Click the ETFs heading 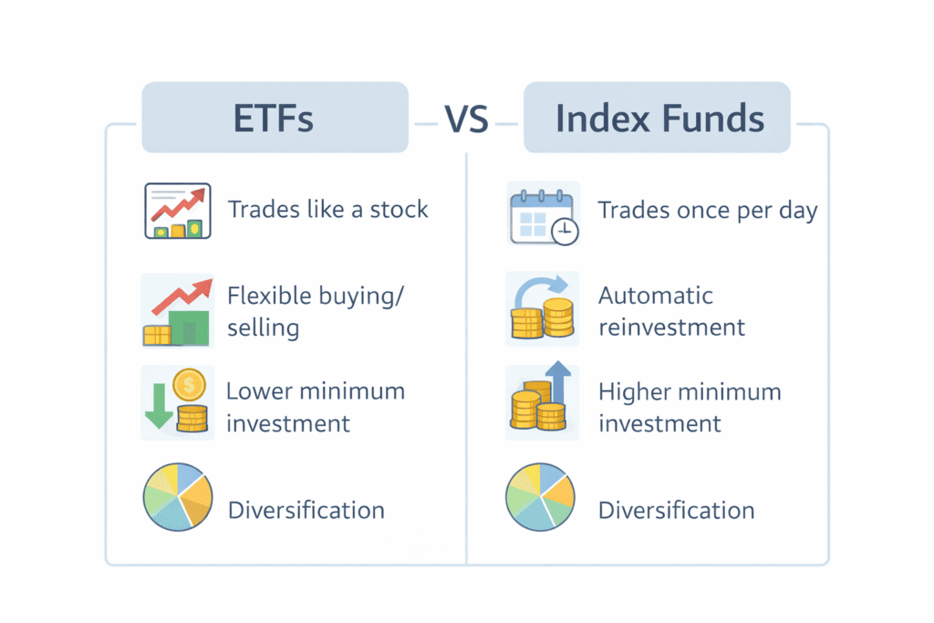point(273,118)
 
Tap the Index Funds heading point(659,118)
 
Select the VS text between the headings point(466,119)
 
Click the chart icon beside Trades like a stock point(178,211)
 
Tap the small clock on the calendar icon point(565,231)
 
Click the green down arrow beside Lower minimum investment point(159,406)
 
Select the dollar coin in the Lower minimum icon point(190,385)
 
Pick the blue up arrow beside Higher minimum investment point(558,381)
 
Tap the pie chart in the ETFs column point(178,497)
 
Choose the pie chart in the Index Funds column point(540,497)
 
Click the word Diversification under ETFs point(306,511)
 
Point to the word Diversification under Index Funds point(676,511)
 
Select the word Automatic point(655,296)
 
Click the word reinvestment point(671,327)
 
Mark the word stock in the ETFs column point(399,209)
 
